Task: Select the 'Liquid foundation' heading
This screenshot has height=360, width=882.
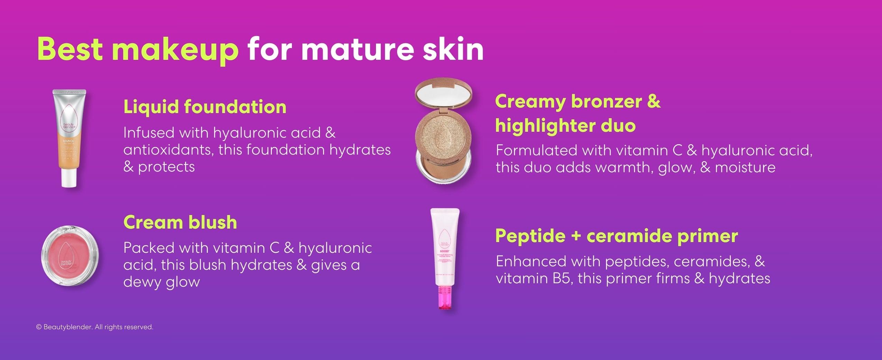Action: click(x=205, y=107)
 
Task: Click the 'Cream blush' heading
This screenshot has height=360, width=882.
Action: click(x=180, y=222)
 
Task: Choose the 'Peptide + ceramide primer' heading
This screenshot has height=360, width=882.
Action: click(x=616, y=236)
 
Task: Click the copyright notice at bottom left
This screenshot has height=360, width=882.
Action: click(x=94, y=327)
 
